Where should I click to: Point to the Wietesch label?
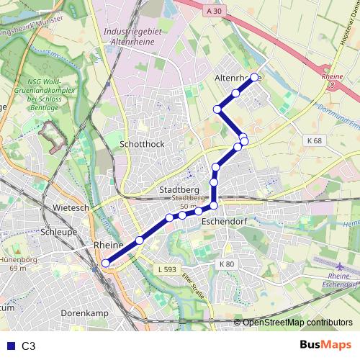pos(71,207)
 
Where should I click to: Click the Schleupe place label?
pos(60,232)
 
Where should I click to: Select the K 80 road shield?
pos(227,264)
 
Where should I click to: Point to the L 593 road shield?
pos(166,270)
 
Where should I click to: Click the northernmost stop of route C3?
pos(254,76)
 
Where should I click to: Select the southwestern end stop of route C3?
pos(106,263)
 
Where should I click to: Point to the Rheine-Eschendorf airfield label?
pos(343,280)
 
